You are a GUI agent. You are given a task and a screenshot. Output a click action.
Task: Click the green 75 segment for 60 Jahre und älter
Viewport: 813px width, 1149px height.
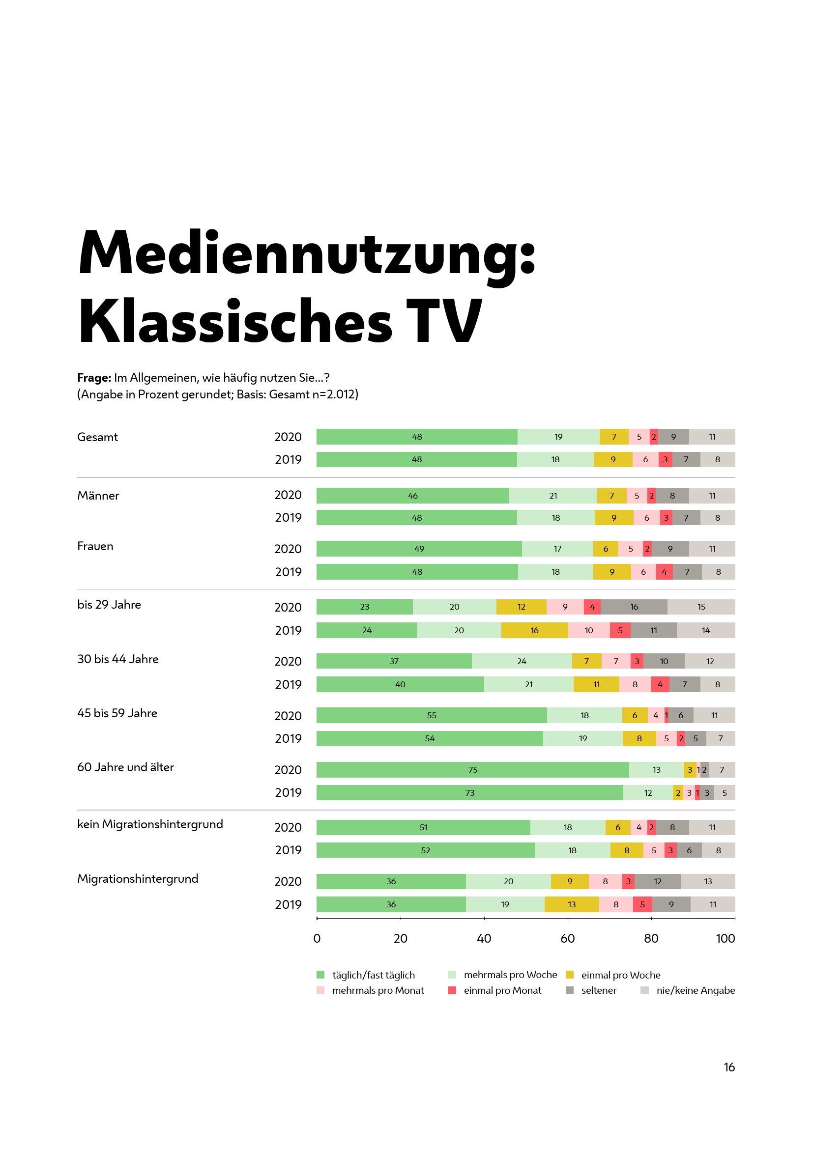pyautogui.click(x=472, y=770)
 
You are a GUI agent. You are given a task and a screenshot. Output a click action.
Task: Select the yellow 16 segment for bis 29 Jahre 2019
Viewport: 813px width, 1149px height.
pyautogui.click(x=534, y=630)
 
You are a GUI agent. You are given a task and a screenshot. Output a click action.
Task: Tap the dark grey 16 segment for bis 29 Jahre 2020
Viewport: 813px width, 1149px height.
pyautogui.click(x=634, y=607)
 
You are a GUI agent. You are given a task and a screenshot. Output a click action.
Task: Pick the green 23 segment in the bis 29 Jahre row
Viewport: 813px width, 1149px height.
pyautogui.click(x=364, y=607)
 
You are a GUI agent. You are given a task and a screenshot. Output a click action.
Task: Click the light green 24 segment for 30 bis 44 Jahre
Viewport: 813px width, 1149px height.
pyautogui.click(x=522, y=661)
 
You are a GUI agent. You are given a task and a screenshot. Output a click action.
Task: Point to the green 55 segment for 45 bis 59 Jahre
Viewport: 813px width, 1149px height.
pyautogui.click(x=432, y=715)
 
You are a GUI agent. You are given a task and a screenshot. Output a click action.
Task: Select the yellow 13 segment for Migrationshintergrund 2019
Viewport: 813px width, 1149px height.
pyautogui.click(x=572, y=904)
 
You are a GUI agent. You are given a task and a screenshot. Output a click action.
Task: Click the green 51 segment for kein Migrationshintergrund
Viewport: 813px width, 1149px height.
pyautogui.click(x=423, y=827)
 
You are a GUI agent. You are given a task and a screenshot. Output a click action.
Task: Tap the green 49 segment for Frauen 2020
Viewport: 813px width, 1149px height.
pyautogui.click(x=419, y=549)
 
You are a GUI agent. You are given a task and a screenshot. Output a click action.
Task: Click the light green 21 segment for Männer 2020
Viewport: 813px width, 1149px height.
pyautogui.click(x=552, y=496)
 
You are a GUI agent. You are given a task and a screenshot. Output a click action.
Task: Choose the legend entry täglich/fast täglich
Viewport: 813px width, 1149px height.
pyautogui.click(x=373, y=975)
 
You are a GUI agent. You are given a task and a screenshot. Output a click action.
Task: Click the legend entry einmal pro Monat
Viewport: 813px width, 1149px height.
pyautogui.click(x=502, y=990)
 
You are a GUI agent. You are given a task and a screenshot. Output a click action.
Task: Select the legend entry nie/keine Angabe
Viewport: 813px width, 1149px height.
pyautogui.click(x=695, y=990)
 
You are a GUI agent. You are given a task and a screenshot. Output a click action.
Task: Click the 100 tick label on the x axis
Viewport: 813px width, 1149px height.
pyautogui.click(x=725, y=938)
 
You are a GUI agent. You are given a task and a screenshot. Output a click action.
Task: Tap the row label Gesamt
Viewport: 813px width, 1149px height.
pyautogui.click(x=98, y=437)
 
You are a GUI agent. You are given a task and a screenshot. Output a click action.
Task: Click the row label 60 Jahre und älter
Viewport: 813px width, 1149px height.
pyautogui.click(x=126, y=767)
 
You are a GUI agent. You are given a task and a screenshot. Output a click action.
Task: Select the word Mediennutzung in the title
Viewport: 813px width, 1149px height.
pyautogui.click(x=306, y=252)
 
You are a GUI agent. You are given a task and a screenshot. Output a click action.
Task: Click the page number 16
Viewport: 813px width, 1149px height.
pyautogui.click(x=729, y=1067)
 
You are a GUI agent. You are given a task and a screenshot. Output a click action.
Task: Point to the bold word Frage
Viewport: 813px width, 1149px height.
pyautogui.click(x=94, y=377)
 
